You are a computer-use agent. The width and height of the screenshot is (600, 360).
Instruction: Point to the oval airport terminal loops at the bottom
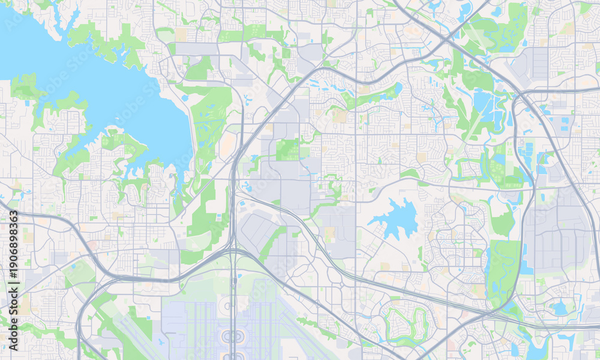tap(234, 337)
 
